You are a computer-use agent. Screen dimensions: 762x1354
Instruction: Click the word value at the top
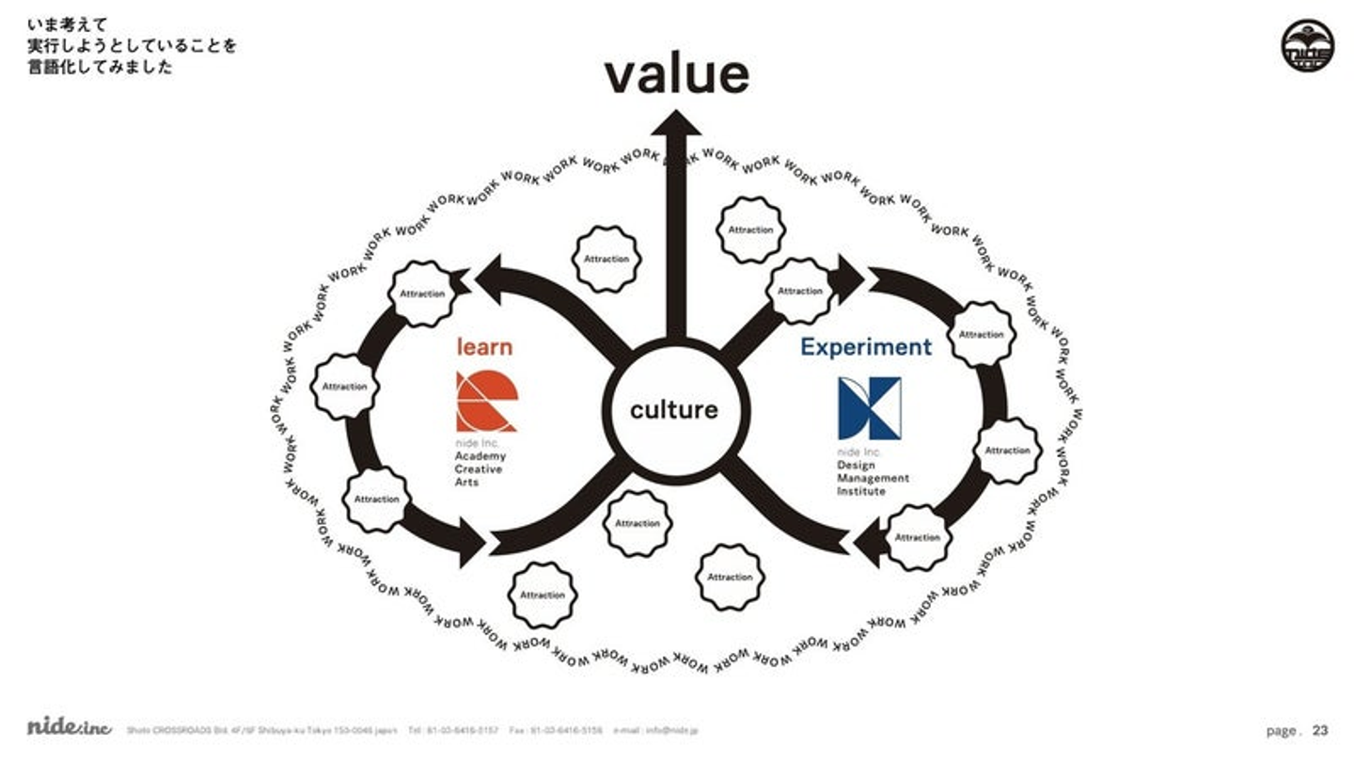coord(676,75)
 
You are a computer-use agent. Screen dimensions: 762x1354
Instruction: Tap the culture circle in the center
coord(673,410)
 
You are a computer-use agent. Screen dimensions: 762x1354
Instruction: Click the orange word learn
coord(484,347)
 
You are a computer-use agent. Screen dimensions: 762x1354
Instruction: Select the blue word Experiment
coord(866,347)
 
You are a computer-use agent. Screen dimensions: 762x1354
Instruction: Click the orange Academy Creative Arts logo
coord(486,402)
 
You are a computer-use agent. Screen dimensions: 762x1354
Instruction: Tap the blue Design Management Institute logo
coord(869,408)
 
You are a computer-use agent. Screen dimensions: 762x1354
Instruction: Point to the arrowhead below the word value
coord(676,123)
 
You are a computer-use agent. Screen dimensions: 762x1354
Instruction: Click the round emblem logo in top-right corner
coord(1307,46)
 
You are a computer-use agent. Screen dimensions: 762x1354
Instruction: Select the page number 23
coord(1320,730)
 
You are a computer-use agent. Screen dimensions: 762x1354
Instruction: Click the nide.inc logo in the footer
coord(70,727)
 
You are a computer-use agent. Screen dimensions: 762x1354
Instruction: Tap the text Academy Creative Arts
coord(480,468)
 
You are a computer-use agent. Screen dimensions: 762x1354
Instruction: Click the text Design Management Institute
coord(873,478)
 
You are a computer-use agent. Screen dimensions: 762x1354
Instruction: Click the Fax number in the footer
coord(556,730)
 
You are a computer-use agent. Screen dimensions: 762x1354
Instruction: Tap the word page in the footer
coord(1283,731)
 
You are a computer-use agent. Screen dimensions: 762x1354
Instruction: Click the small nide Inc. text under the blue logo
coord(856,452)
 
